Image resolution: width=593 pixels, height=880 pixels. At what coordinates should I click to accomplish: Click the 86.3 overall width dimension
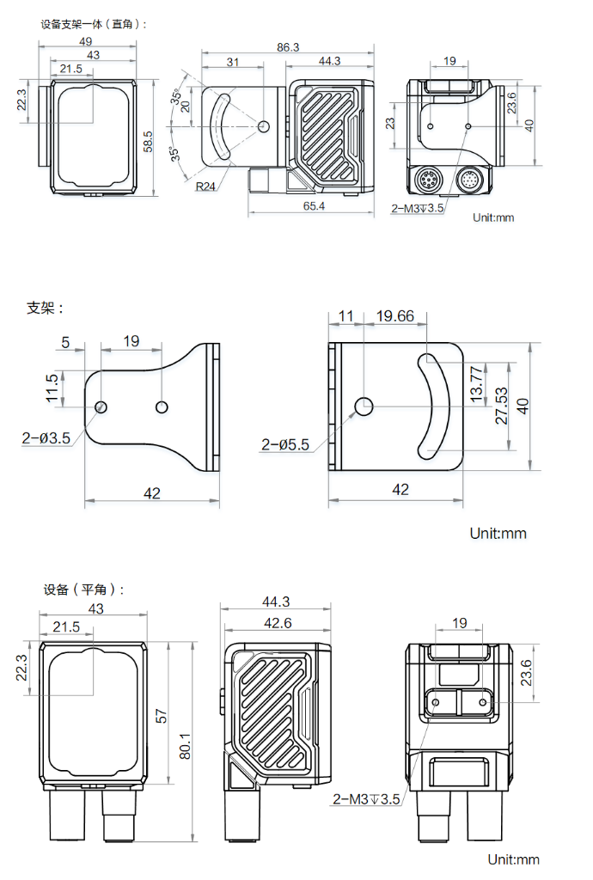tap(288, 47)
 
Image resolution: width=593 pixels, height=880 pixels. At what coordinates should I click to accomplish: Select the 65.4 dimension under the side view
tap(314, 206)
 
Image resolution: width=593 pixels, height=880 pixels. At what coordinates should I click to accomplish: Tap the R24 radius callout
tap(205, 186)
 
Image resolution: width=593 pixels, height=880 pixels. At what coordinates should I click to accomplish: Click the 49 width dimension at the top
tap(86, 41)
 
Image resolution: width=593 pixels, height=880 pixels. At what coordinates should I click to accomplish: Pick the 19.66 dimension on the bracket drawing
tap(395, 316)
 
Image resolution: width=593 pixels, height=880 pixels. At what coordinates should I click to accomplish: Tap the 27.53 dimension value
tap(500, 405)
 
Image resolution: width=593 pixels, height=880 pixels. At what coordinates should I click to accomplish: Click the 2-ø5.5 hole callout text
tap(285, 444)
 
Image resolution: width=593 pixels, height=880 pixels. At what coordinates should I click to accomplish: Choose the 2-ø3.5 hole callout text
tap(46, 438)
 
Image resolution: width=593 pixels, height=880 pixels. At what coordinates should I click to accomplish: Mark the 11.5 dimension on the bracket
tap(52, 388)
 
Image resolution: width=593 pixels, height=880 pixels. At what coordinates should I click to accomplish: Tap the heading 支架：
tap(46, 307)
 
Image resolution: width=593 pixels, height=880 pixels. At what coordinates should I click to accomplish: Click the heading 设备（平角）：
tap(84, 590)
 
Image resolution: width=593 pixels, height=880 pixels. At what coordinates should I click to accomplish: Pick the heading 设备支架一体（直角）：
tap(95, 24)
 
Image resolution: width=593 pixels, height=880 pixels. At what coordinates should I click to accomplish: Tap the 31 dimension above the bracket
tap(232, 62)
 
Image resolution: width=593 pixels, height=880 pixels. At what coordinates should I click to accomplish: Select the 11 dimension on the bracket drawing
tap(345, 316)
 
